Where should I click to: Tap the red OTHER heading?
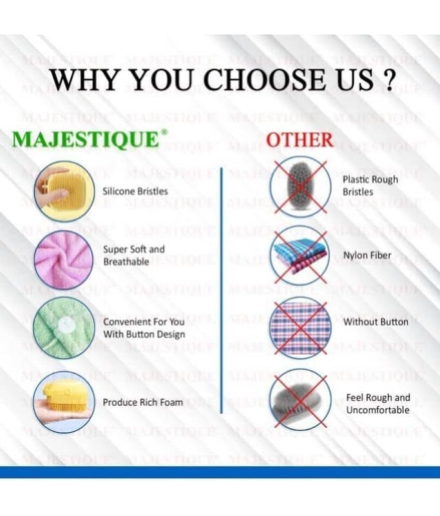(x=300, y=139)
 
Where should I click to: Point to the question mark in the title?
(x=388, y=79)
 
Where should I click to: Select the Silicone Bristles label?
(x=135, y=191)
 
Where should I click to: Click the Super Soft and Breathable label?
(x=134, y=255)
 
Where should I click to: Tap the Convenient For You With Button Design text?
(x=144, y=328)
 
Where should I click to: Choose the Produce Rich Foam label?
(x=142, y=402)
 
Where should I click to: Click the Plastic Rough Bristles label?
(x=370, y=186)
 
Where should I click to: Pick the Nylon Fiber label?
(x=367, y=255)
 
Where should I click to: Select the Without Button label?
(x=376, y=321)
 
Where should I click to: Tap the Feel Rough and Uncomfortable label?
(x=378, y=404)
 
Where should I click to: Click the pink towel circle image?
(x=64, y=260)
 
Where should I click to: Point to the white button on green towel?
(x=64, y=326)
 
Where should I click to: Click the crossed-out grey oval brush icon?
(x=300, y=186)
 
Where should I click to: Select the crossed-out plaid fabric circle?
(x=300, y=328)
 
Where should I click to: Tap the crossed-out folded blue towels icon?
(x=300, y=255)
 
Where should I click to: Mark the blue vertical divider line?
(x=222, y=291)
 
